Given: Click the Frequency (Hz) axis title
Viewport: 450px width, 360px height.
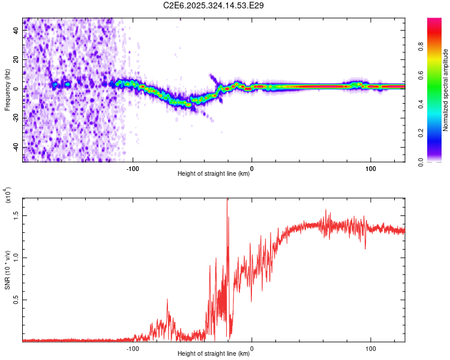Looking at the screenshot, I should (7, 89).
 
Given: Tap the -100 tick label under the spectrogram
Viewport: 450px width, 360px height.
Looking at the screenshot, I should (133, 167).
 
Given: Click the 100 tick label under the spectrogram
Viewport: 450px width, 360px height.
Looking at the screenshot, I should (371, 167).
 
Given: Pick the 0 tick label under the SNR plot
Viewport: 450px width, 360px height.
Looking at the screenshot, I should (252, 347).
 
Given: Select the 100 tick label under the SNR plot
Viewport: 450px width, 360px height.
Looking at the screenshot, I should (371, 347).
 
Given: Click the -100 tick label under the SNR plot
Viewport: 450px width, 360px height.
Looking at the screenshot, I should (133, 347).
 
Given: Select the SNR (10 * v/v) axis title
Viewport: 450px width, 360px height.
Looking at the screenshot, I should (7, 270).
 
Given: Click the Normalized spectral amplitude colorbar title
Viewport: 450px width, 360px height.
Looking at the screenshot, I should (445, 90).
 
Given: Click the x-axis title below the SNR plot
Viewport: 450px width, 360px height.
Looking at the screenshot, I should (214, 354).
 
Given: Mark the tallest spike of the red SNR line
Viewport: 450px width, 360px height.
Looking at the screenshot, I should (227, 200).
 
